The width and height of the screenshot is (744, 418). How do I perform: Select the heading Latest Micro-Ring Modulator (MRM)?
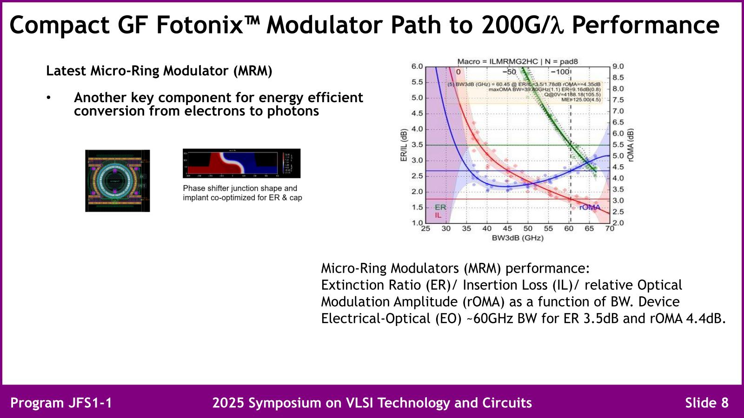(x=159, y=71)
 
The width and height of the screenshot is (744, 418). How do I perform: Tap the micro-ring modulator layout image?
(x=118, y=181)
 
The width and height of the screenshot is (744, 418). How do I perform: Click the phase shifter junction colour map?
(x=241, y=163)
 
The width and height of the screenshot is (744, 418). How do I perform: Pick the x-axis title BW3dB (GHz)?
(x=518, y=238)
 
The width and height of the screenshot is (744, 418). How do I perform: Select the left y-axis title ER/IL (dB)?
(x=404, y=145)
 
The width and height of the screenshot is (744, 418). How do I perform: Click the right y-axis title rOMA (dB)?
(x=631, y=145)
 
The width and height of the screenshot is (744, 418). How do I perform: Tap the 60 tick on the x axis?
(x=569, y=229)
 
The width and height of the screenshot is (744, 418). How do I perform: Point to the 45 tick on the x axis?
(x=507, y=229)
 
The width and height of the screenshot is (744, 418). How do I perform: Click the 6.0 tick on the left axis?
(x=417, y=66)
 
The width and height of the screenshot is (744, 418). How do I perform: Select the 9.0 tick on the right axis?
(x=618, y=66)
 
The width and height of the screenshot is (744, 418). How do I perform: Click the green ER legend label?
(x=440, y=207)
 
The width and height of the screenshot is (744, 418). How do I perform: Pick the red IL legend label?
(x=438, y=215)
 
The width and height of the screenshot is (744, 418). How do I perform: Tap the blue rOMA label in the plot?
(x=590, y=207)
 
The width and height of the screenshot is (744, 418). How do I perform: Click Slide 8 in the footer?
(x=707, y=403)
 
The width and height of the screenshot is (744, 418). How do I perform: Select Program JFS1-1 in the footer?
(x=61, y=403)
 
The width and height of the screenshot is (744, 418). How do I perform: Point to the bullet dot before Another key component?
(x=48, y=98)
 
